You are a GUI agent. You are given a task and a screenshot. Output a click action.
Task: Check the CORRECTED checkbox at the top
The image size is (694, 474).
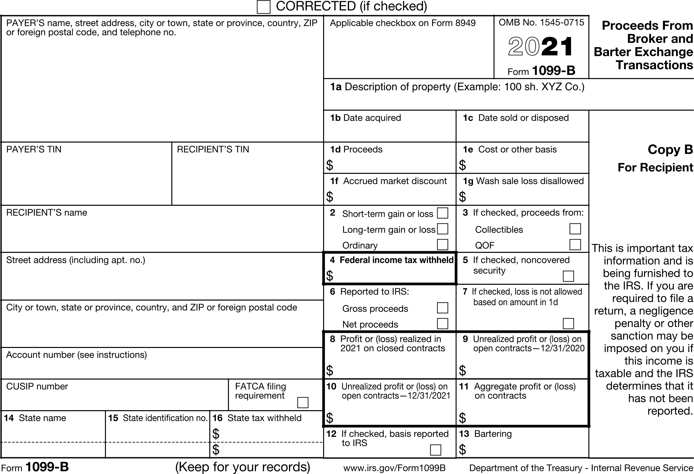pyautogui.click(x=263, y=7)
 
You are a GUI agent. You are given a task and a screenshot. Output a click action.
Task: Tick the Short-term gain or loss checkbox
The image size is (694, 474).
pyautogui.click(x=442, y=213)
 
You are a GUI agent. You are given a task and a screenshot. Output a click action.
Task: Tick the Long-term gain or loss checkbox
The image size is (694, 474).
pyautogui.click(x=442, y=229)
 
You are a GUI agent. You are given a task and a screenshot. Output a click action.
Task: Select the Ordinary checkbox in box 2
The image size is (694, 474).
pyautogui.click(x=442, y=245)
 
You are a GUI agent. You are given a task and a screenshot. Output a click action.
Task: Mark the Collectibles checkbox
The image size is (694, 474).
pyautogui.click(x=575, y=229)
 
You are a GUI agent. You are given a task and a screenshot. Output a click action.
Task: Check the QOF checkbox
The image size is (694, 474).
pyautogui.click(x=575, y=245)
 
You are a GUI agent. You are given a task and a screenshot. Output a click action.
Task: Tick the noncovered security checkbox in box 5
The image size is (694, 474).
pyautogui.click(x=568, y=276)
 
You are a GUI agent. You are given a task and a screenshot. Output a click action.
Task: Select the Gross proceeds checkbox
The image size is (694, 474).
pyautogui.click(x=442, y=308)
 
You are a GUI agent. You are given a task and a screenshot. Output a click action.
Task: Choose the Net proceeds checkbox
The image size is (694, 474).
pyautogui.click(x=442, y=324)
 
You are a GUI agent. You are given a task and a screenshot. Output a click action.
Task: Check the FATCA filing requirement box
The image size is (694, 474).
pyautogui.click(x=303, y=403)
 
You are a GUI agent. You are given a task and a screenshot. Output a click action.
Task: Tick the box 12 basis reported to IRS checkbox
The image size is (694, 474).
pyautogui.click(x=435, y=450)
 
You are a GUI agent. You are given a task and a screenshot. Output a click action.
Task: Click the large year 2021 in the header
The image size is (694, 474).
pyautogui.click(x=541, y=47)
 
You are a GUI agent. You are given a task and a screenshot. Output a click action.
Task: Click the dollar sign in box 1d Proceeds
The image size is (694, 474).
pyautogui.click(x=329, y=165)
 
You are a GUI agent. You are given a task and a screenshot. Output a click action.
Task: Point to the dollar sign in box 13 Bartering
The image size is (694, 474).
pyautogui.click(x=462, y=449)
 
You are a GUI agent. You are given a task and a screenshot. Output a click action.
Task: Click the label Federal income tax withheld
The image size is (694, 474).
pyautogui.click(x=396, y=260)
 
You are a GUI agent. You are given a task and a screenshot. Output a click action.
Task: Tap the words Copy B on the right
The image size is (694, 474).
pyautogui.click(x=670, y=149)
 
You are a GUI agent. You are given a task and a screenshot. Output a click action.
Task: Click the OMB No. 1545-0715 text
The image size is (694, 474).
pyautogui.click(x=541, y=22)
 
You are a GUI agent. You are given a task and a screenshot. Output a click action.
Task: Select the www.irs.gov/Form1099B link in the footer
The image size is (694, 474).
pyautogui.click(x=394, y=468)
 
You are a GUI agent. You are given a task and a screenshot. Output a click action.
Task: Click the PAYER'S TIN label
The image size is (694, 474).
pyautogui.click(x=34, y=149)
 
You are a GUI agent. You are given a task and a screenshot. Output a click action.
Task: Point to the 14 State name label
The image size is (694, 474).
pyautogui.click(x=35, y=418)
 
